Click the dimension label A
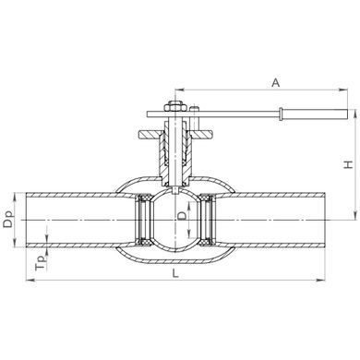pyautogui.click(x=276, y=82)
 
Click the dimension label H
pyautogui.click(x=348, y=164)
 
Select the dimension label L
pyautogui.click(x=175, y=273)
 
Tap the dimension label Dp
pyautogui.click(x=8, y=219)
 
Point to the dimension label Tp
pyautogui.click(x=41, y=263)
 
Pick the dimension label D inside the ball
pyautogui.click(x=182, y=216)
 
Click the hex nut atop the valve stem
pyautogui.click(x=174, y=107)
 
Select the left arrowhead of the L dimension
pyautogui.click(x=30, y=280)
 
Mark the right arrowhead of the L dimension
pyautogui.click(x=321, y=280)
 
